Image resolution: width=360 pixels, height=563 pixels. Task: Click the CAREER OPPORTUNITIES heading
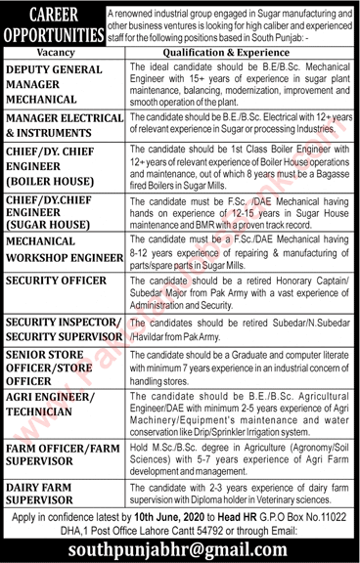click(54, 22)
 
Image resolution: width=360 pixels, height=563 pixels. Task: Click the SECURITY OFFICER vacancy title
click(55, 281)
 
